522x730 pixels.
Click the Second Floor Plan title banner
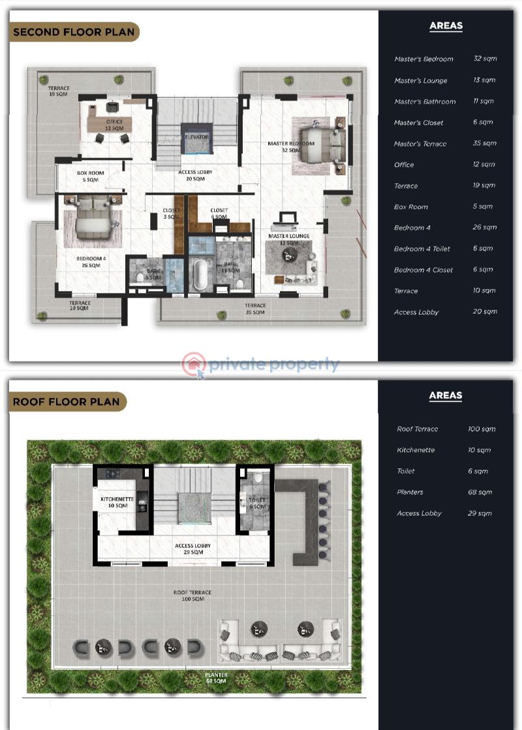(x=74, y=32)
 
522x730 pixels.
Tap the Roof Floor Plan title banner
(x=67, y=402)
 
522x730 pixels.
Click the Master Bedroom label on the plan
(x=291, y=147)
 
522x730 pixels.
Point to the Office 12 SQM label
(x=114, y=125)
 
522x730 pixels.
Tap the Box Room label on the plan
(x=90, y=176)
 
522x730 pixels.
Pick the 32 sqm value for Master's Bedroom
(x=485, y=59)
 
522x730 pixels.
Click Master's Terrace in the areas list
(x=420, y=144)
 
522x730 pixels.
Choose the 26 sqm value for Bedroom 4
(x=485, y=228)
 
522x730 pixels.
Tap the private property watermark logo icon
(x=194, y=365)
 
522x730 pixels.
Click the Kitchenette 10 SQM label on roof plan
(x=117, y=502)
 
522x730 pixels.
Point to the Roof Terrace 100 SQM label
(x=192, y=596)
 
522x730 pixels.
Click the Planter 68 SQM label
(x=216, y=678)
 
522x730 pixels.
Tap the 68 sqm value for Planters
(x=480, y=493)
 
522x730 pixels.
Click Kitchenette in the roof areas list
(x=415, y=450)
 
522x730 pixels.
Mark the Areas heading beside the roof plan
(x=446, y=395)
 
